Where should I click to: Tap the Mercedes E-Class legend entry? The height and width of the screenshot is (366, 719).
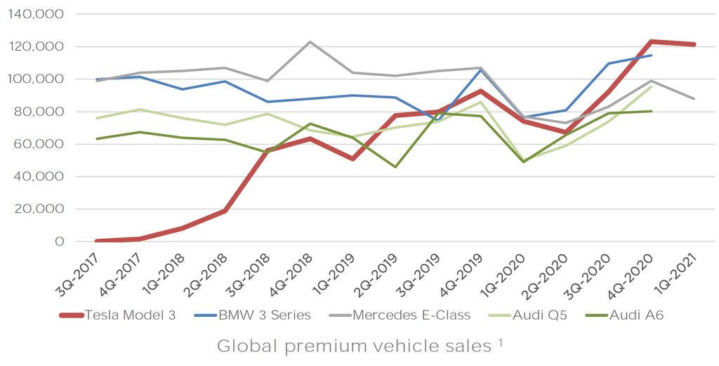pyautogui.click(x=411, y=315)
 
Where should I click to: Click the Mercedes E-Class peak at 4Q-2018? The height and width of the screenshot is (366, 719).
pyautogui.click(x=310, y=41)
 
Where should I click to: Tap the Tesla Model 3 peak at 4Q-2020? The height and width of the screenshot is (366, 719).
pyautogui.click(x=652, y=41)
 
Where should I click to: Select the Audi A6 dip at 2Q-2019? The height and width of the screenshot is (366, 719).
pyautogui.click(x=395, y=166)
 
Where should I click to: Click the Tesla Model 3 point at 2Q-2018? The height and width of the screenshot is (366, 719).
pyautogui.click(x=225, y=211)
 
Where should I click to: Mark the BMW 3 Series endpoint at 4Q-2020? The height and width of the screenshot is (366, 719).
pyautogui.click(x=652, y=55)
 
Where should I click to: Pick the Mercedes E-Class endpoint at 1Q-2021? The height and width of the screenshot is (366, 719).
pyautogui.click(x=695, y=98)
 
